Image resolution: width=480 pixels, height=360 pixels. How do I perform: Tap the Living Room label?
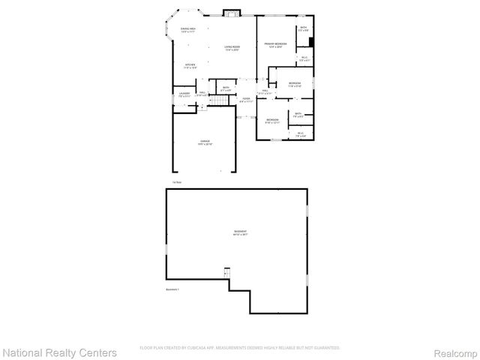point(232,49)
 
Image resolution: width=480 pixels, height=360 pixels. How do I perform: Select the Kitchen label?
point(191,66)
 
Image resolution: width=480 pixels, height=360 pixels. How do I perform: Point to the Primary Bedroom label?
point(274,46)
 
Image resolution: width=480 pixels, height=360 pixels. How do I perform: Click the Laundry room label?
point(184,94)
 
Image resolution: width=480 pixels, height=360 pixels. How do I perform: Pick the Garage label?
point(205,142)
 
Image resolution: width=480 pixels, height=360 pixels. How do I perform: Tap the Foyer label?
point(245,99)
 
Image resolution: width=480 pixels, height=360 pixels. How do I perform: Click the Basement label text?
point(240,233)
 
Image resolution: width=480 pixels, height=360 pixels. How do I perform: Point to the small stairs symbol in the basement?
point(226,273)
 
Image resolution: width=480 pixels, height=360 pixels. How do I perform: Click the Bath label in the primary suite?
point(303,29)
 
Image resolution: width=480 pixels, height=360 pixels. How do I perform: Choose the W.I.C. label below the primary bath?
point(304,59)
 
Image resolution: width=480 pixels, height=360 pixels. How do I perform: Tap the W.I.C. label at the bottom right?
point(300,135)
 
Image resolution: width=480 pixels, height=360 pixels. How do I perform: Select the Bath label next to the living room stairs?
point(225,89)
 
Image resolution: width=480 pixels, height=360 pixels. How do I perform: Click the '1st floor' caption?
point(176,182)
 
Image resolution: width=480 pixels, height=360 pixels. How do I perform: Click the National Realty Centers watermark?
point(60,352)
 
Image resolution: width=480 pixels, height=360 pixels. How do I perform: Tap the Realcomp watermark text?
point(451,352)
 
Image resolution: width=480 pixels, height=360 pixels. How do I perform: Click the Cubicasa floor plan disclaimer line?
point(240,348)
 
